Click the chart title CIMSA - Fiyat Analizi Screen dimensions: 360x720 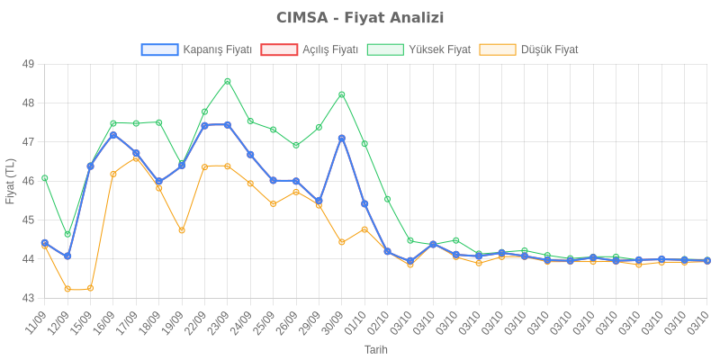coord(360,18)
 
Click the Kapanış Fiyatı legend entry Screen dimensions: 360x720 coord(196,50)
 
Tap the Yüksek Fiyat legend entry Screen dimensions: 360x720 coord(419,50)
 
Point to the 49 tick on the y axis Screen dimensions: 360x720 coord(28,64)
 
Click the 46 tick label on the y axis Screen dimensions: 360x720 coord(28,181)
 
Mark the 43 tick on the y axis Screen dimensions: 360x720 coord(28,298)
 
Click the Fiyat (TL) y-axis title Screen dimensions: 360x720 coord(10,181)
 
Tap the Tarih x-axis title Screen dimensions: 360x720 coord(375,348)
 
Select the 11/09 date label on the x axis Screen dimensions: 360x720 coord(37,319)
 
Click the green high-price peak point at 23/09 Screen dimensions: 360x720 coord(228,81)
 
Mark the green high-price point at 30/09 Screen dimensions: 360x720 coord(342,94)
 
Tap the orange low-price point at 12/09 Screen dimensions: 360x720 coord(67,289)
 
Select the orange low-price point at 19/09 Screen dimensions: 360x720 coord(182,230)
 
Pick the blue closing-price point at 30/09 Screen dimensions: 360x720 coord(342,138)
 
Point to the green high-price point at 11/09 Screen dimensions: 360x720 coord(45,178)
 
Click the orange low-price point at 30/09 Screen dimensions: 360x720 coord(342,242)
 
